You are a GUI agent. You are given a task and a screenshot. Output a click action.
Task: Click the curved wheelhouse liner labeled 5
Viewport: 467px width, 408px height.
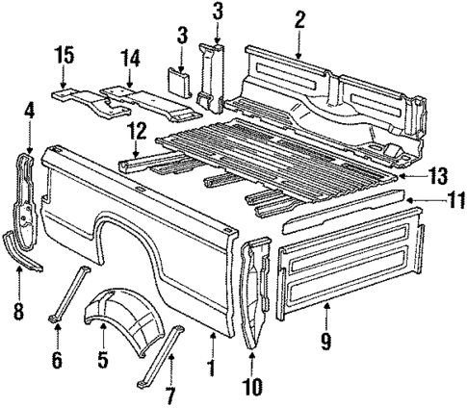(115, 317)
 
